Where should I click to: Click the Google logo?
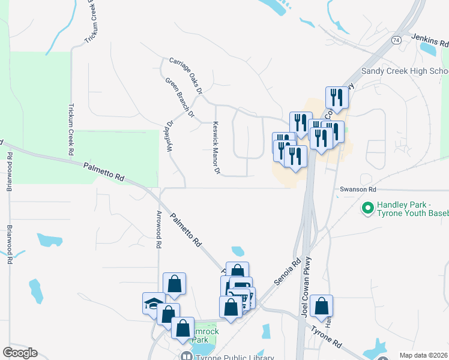tap(20, 353)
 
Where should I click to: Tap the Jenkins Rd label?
tap(430, 41)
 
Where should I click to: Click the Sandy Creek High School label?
tap(405, 71)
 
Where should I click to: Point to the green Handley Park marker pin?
tap(367, 208)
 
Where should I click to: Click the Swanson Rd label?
tap(358, 189)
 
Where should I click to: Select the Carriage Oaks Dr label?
tap(185, 76)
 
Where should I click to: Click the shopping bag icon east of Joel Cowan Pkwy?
tap(322, 306)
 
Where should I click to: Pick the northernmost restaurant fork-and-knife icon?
tap(336, 97)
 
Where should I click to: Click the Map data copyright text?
tap(424, 355)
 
